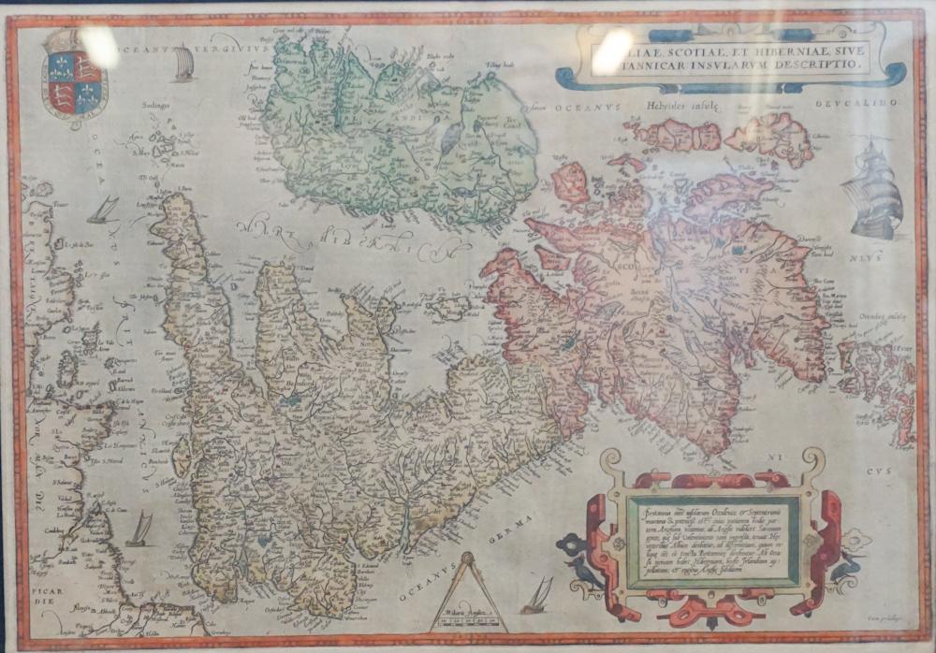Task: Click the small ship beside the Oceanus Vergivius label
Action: point(184,65)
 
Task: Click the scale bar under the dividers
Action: point(469,620)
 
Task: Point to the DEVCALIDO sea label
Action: point(856,101)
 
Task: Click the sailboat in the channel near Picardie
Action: point(139,530)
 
